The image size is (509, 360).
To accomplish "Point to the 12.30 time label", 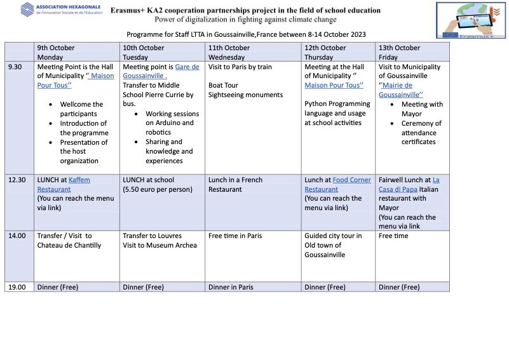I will click(17, 180).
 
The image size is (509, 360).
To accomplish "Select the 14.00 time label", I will click(17, 236).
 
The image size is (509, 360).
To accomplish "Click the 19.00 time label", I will click(17, 287).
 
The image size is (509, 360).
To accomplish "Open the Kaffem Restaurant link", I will click(64, 185).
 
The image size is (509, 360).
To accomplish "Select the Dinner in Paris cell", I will click(231, 287).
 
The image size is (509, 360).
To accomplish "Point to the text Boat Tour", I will click(223, 85).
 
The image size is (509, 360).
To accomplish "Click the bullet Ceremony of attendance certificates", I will click(421, 133).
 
